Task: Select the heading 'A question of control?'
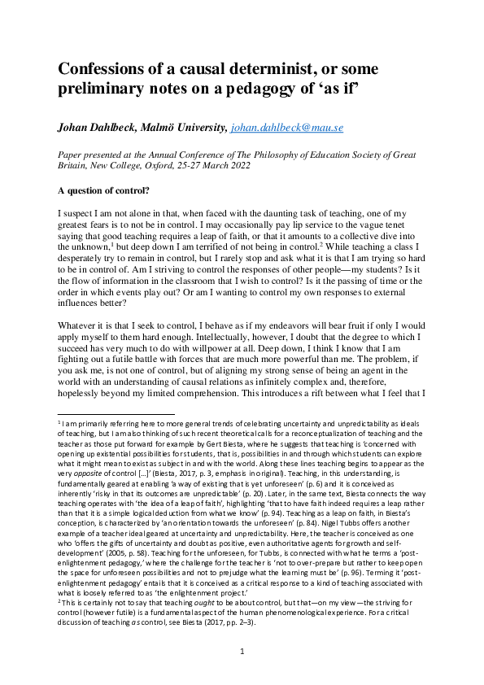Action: pyautogui.click(x=108, y=191)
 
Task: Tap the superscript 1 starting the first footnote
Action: pyautogui.click(x=59, y=422)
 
